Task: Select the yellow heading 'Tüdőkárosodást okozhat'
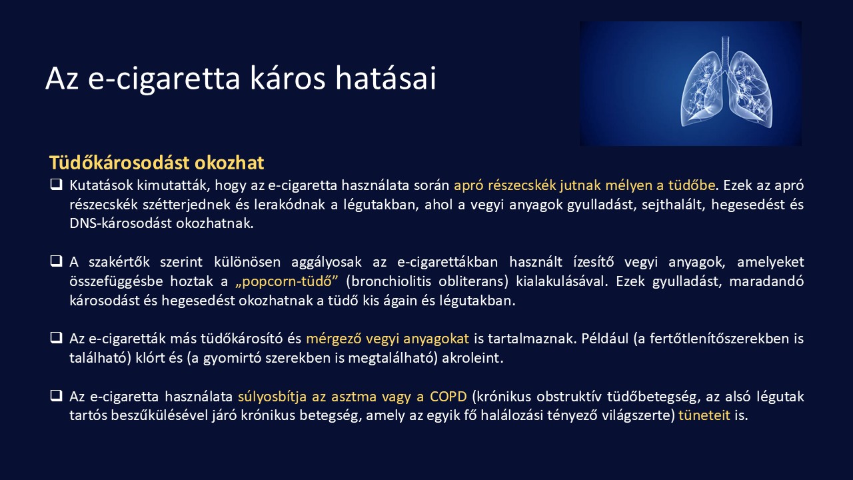157,163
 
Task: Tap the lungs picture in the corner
690,83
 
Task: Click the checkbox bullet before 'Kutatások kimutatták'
56,185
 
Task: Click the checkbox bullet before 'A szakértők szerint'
56,261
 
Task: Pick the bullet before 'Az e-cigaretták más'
56,338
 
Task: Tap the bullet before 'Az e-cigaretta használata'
56,396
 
